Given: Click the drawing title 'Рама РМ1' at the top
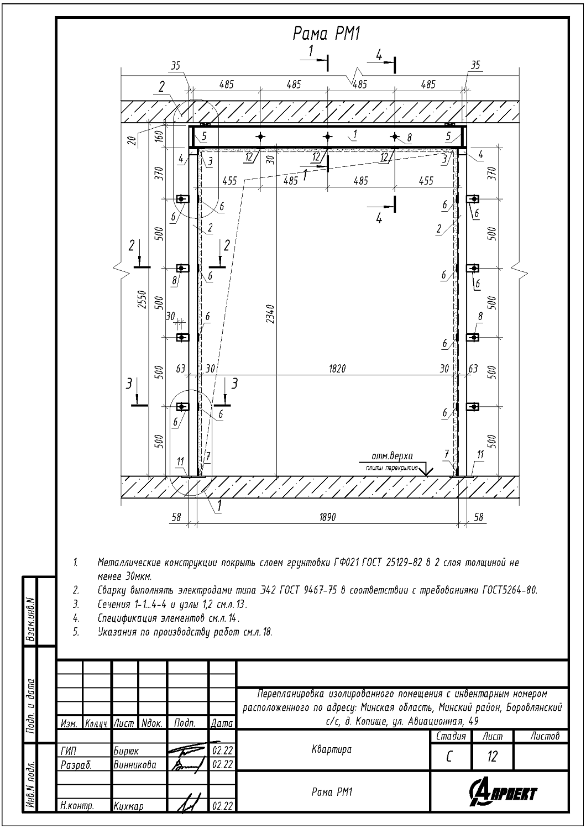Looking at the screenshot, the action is click(x=327, y=34).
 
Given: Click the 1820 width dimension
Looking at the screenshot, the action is click(x=337, y=368).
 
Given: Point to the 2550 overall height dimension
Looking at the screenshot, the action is click(x=142, y=300).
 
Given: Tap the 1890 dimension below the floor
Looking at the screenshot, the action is click(x=327, y=517).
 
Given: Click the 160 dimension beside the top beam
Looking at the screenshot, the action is click(x=159, y=136).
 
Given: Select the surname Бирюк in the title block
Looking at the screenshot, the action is click(x=126, y=751).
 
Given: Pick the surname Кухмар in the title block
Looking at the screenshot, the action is click(x=128, y=806).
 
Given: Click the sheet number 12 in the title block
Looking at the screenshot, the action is click(x=492, y=757).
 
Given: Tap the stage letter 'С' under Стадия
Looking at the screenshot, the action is click(x=449, y=757).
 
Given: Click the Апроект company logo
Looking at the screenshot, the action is click(x=503, y=793).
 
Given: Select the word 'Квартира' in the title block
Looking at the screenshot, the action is click(x=331, y=749).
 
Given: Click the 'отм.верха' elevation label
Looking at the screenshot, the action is click(x=393, y=456).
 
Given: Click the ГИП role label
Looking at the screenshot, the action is click(x=68, y=751).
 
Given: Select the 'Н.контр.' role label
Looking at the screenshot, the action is click(x=77, y=806).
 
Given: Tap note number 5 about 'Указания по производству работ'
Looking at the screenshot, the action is click(x=76, y=632).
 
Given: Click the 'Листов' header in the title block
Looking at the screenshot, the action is click(x=545, y=736).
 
